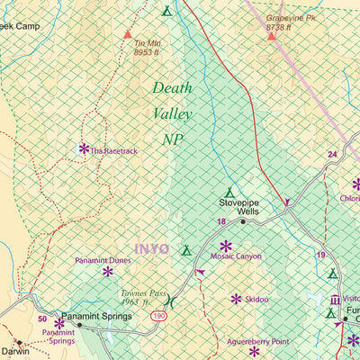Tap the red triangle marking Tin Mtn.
point(126,33)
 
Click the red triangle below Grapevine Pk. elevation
point(271,37)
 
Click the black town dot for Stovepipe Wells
point(242,220)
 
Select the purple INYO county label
point(152,249)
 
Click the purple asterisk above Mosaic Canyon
point(225,245)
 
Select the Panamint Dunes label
point(103,260)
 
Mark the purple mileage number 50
point(41,319)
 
